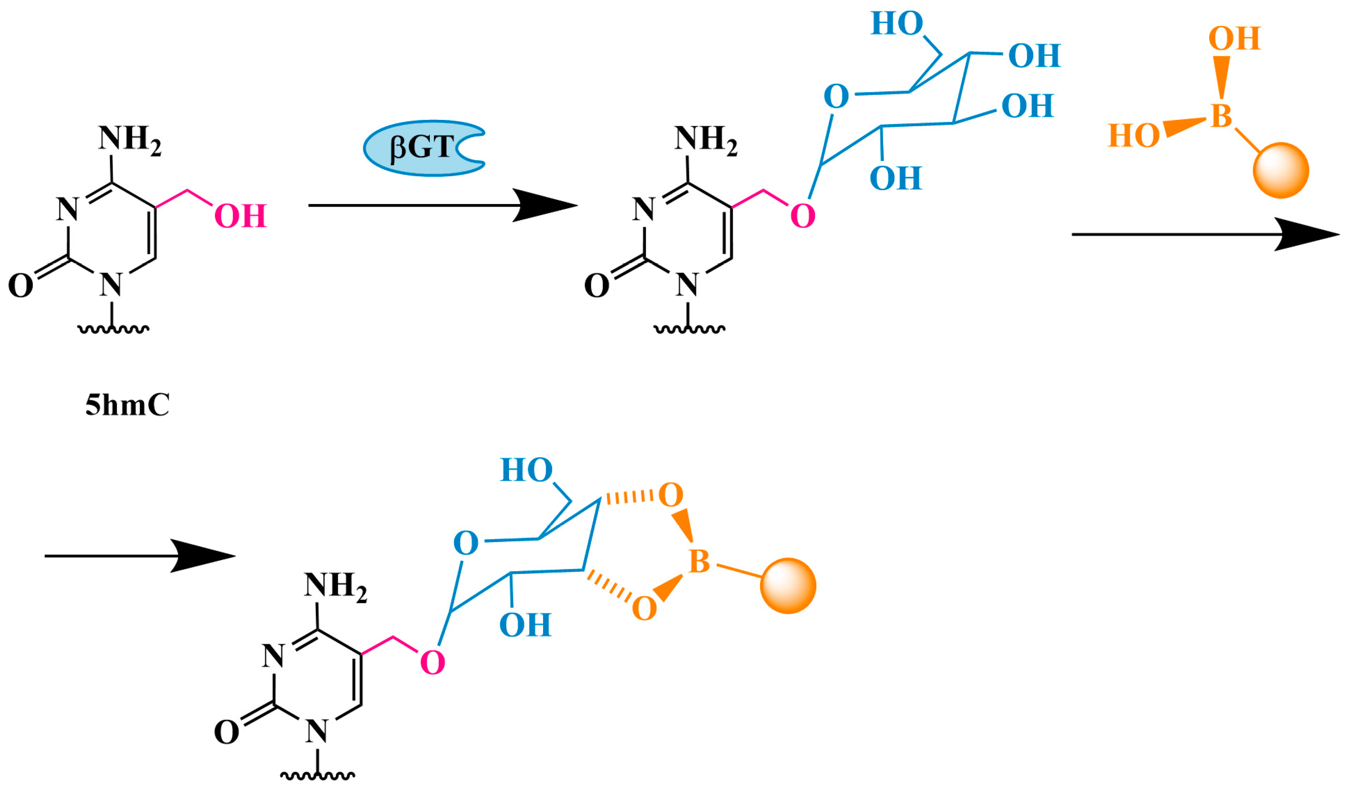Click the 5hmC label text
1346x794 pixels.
[127, 405]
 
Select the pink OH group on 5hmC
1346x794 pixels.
[240, 216]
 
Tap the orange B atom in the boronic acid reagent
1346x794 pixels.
[1220, 116]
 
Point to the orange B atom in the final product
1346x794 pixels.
[699, 561]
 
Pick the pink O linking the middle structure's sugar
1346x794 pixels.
[803, 216]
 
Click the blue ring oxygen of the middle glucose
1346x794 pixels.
[836, 97]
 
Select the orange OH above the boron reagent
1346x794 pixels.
[1234, 38]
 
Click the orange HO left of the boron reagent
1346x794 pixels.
[1134, 136]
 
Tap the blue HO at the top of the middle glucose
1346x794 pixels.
[897, 24]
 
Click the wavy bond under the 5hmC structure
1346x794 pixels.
[113, 329]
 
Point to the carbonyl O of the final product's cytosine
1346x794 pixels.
[226, 732]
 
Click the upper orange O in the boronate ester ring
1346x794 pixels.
[671, 495]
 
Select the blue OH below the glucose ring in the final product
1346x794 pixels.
[525, 624]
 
